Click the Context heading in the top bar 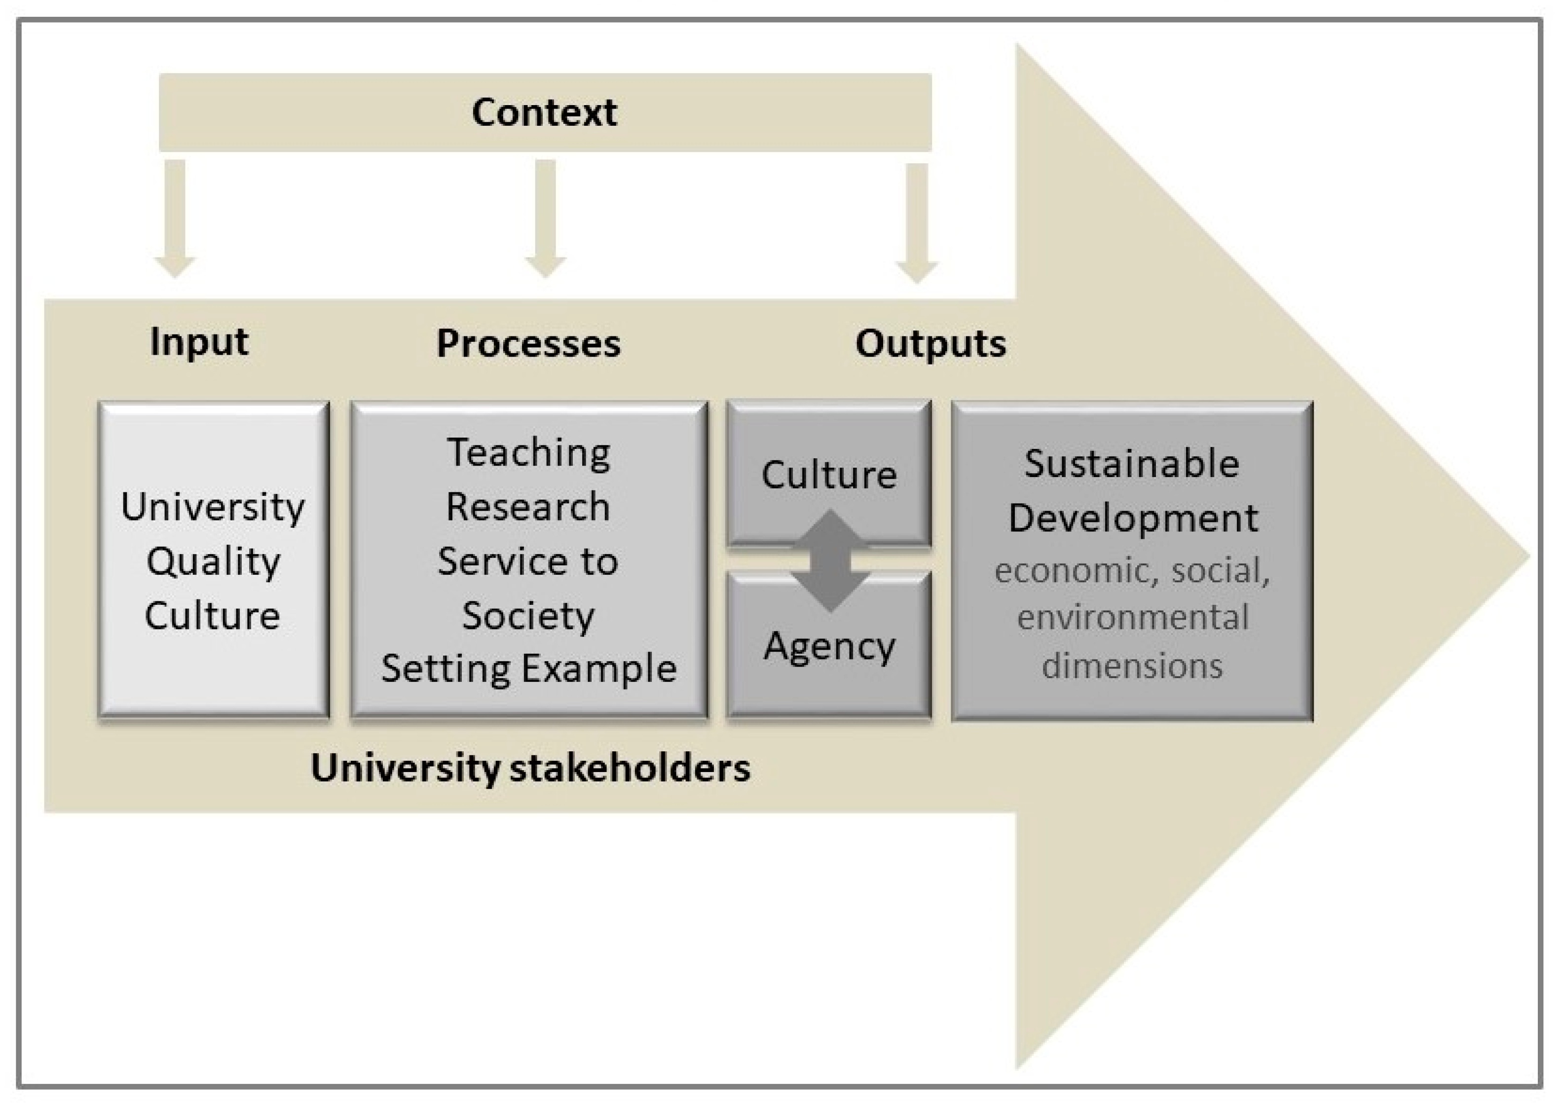point(544,112)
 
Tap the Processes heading point(528,343)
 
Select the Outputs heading point(930,343)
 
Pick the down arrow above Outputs point(916,222)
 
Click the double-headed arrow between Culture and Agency point(830,560)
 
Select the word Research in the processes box point(528,507)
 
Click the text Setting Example point(528,668)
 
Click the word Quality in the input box point(213,561)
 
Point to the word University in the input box point(213,507)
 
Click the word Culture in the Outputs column point(829,475)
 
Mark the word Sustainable point(1131,464)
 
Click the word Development point(1133,518)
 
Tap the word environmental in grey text point(1133,617)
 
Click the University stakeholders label point(530,768)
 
